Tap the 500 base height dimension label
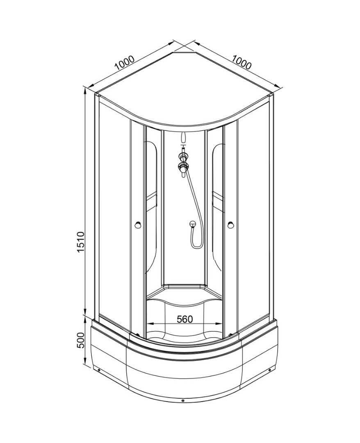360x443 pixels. pyautogui.click(x=81, y=340)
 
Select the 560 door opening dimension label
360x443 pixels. pyautogui.click(x=185, y=319)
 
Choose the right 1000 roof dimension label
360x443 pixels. pyautogui.click(x=242, y=62)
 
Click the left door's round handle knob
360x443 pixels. pyautogui.click(x=138, y=225)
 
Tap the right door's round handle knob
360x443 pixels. pyautogui.click(x=230, y=225)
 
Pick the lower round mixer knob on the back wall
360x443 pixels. pyautogui.click(x=183, y=167)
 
